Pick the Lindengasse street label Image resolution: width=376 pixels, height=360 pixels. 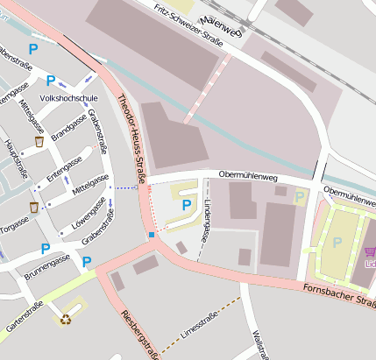tap(206, 221)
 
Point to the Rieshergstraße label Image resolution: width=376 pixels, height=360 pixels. tap(138, 334)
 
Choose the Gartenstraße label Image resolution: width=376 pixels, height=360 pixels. tap(24, 316)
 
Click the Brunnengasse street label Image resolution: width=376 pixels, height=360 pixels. tap(46, 261)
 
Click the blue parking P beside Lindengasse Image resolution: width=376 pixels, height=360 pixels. tap(186, 204)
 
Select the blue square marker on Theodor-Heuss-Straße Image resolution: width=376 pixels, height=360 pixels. tap(151, 235)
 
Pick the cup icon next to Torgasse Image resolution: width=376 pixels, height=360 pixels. tap(33, 208)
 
